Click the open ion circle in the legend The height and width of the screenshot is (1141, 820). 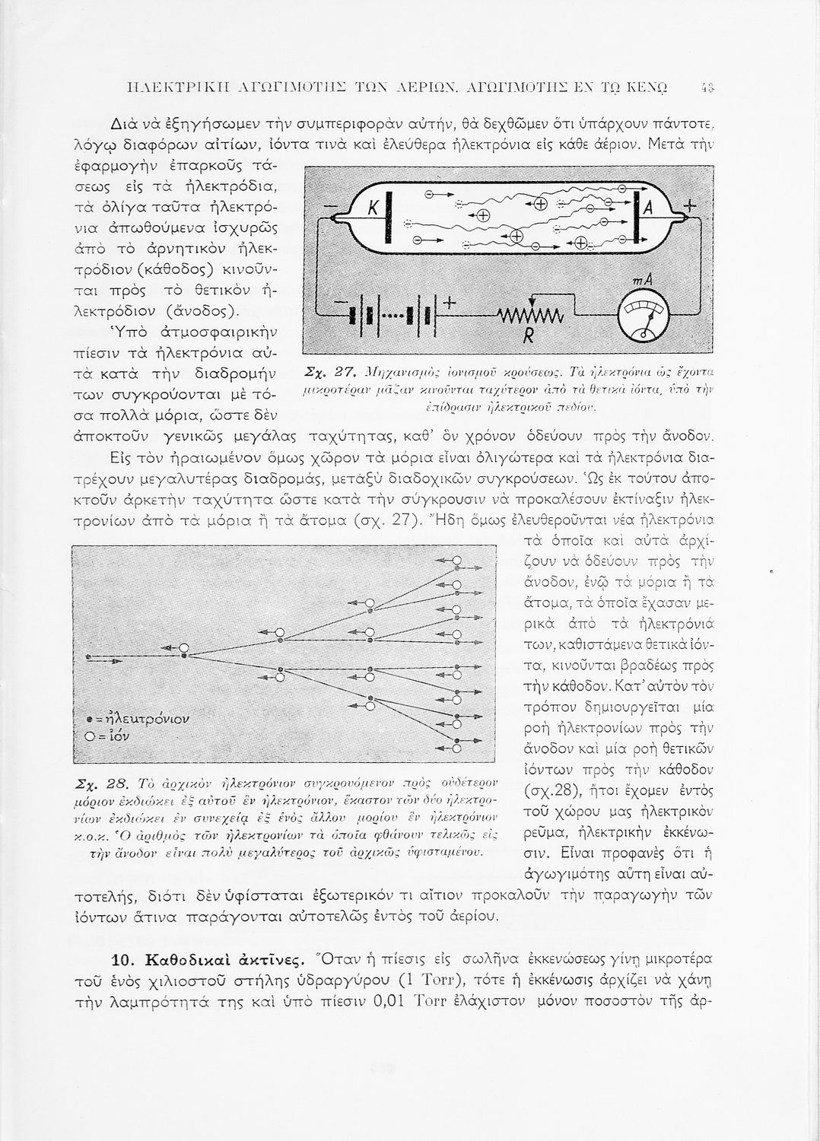point(90,736)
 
